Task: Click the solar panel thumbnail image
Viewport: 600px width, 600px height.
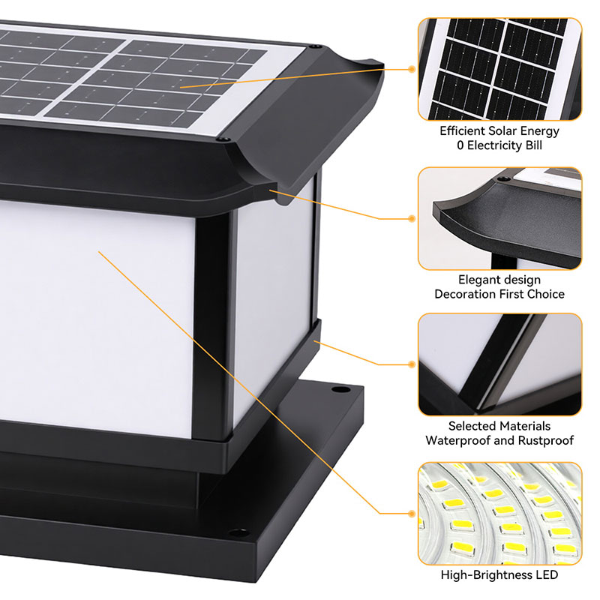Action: (499, 69)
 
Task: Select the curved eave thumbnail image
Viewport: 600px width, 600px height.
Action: (499, 218)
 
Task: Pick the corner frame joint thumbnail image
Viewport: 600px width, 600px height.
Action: (499, 364)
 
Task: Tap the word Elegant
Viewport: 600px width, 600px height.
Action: (477, 280)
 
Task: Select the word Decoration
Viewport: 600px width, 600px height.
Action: (465, 294)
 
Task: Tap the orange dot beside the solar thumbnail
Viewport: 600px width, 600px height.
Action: (412, 69)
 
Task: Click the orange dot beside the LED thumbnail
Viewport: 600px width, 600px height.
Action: (412, 513)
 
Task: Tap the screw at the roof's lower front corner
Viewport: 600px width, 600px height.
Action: (222, 139)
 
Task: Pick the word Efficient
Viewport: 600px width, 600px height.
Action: (463, 131)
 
